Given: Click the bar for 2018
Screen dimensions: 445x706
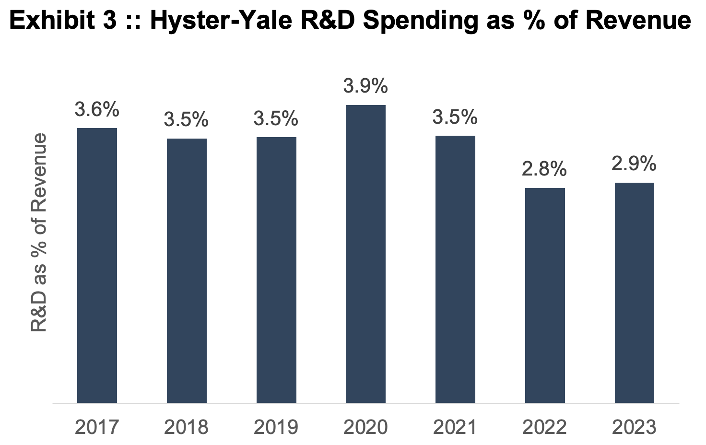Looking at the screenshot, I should tap(187, 270).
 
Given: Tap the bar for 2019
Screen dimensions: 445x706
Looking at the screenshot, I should tap(276, 269).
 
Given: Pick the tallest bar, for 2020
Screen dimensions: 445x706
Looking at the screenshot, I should tap(365, 254).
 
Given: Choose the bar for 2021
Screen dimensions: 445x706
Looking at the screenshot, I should tap(455, 269).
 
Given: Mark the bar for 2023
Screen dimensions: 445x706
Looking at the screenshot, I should tap(634, 293).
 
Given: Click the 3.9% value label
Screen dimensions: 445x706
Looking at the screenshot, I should tap(365, 86).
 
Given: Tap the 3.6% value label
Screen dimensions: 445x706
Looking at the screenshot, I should tap(97, 110).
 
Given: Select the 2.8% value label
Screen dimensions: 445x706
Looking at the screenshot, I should tap(545, 169).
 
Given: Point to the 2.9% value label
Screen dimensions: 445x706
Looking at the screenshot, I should tap(634, 164).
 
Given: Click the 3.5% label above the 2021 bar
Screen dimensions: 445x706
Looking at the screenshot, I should tap(455, 117).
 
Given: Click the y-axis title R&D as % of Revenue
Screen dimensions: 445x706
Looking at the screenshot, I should tap(39, 233).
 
